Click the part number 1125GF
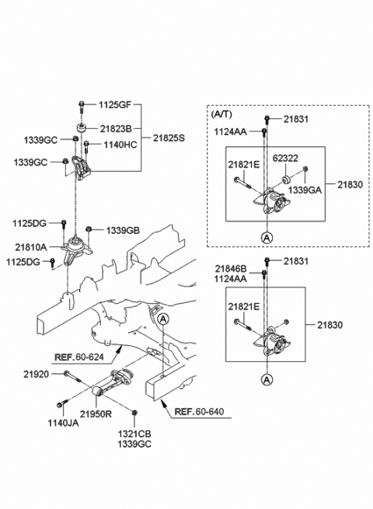116,105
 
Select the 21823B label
116,128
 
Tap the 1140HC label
120,144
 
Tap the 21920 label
35,374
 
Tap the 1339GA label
304,189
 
